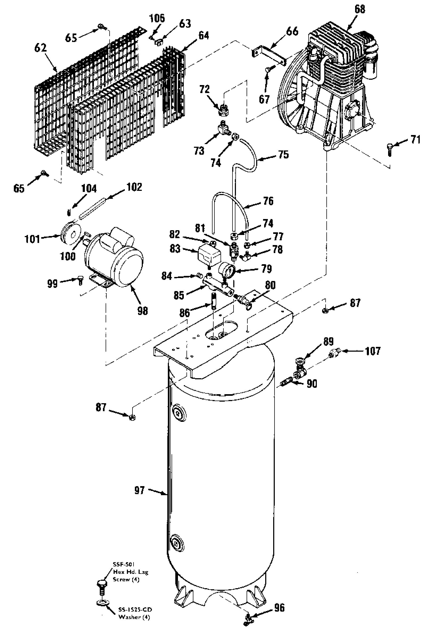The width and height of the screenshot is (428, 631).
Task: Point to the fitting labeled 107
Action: [x=333, y=353]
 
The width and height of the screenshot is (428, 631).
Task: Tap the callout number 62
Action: [x=40, y=48]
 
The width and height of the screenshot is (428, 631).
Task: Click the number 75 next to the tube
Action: [x=283, y=154]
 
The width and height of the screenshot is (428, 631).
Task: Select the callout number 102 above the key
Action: [x=134, y=187]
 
